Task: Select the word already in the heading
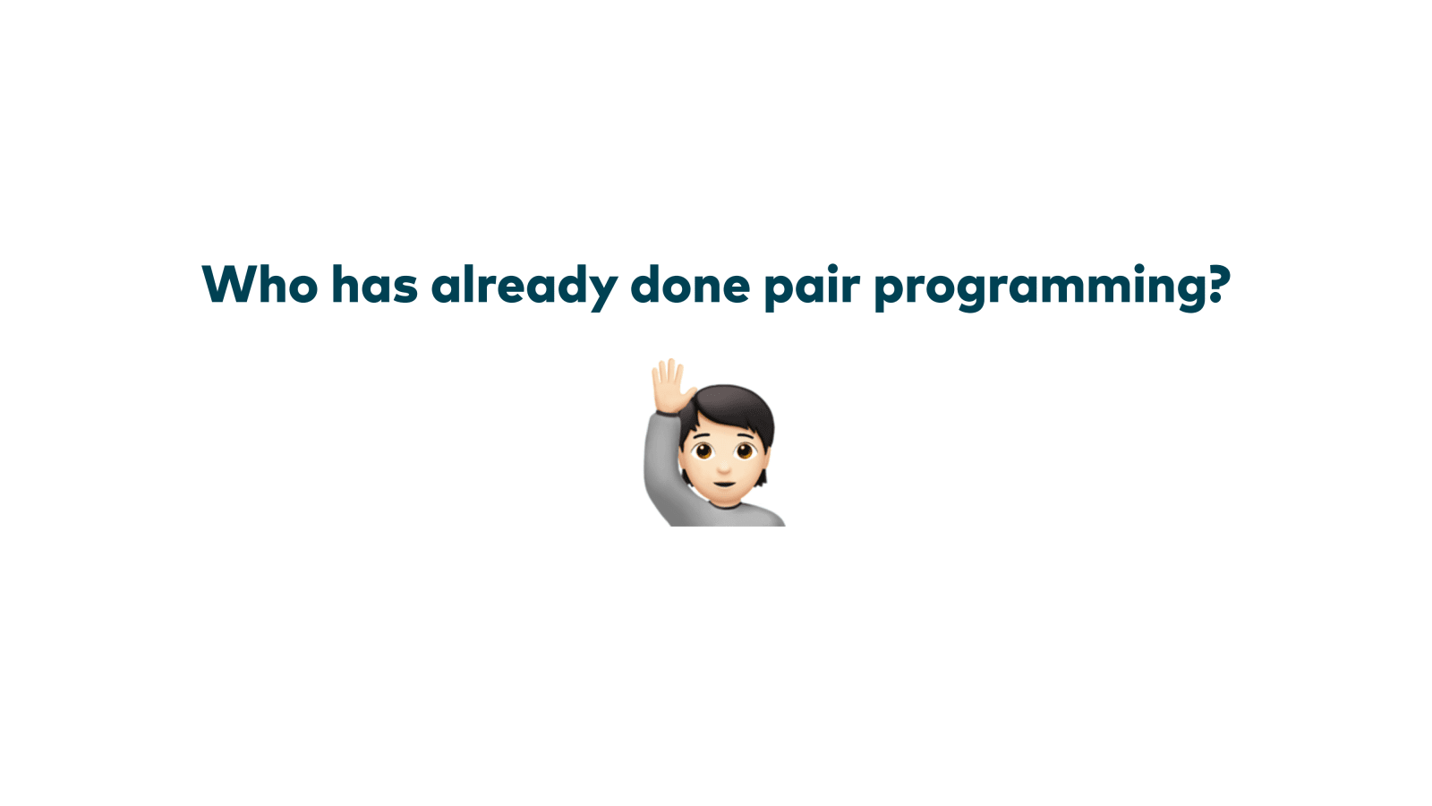[x=524, y=287]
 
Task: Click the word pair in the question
[x=812, y=287]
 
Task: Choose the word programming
[x=1035, y=288]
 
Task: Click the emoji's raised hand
[x=670, y=386]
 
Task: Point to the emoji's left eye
[x=703, y=451]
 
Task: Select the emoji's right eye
[x=745, y=451]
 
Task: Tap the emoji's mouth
[x=724, y=483]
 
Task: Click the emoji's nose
[x=724, y=468]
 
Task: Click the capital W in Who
[x=232, y=285]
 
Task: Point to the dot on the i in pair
[x=833, y=268]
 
